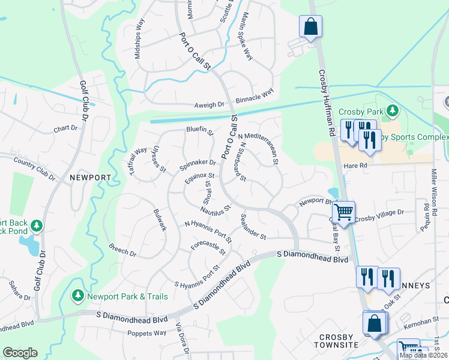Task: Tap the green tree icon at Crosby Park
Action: [393, 110]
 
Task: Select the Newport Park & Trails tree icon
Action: [77, 295]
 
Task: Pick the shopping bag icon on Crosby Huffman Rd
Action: [310, 26]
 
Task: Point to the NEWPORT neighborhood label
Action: [90, 178]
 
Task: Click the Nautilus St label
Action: [215, 211]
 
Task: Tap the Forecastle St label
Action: [207, 245]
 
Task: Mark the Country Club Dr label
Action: [34, 170]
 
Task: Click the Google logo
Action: [20, 353]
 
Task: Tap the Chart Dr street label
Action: [65, 128]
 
